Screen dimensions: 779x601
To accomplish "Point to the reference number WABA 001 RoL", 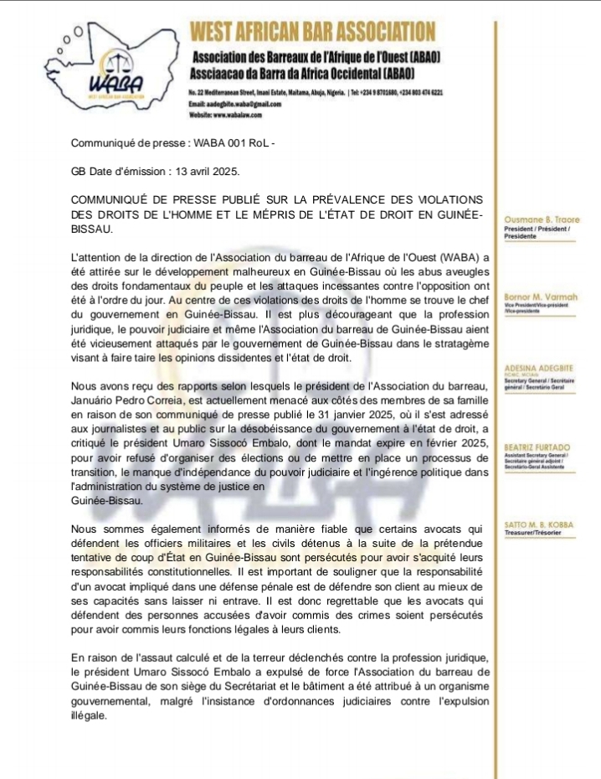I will (231, 144).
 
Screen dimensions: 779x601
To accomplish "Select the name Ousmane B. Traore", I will (538, 220).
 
